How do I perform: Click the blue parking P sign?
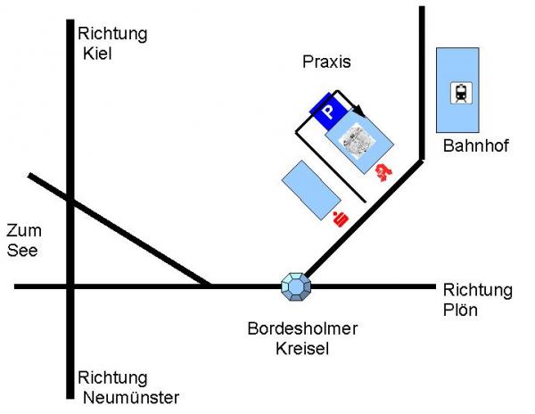click(327, 112)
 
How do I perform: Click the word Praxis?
click(327, 62)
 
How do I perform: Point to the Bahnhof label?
click(474, 146)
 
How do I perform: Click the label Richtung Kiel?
click(112, 44)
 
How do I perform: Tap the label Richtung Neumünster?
click(128, 387)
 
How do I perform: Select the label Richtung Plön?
click(477, 300)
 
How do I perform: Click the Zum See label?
click(23, 241)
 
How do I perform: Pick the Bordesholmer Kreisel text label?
click(302, 338)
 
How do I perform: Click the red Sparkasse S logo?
click(339, 218)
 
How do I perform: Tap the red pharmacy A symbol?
click(384, 171)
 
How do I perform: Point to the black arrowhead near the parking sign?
click(358, 109)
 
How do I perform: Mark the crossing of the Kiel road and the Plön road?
click(70, 286)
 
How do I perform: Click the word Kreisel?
click(302, 349)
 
